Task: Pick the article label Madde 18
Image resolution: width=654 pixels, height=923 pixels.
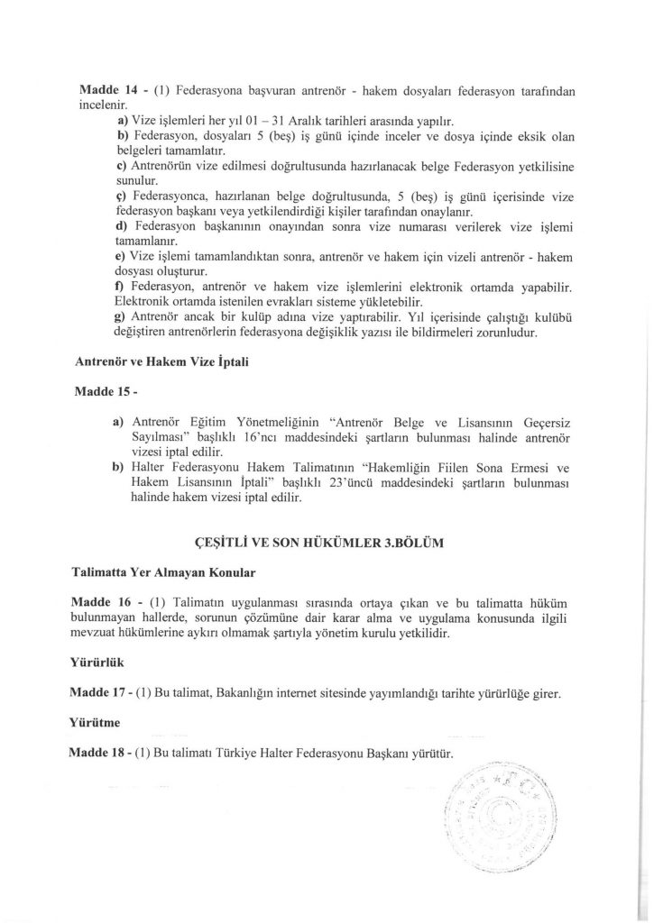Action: [x=98, y=753]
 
